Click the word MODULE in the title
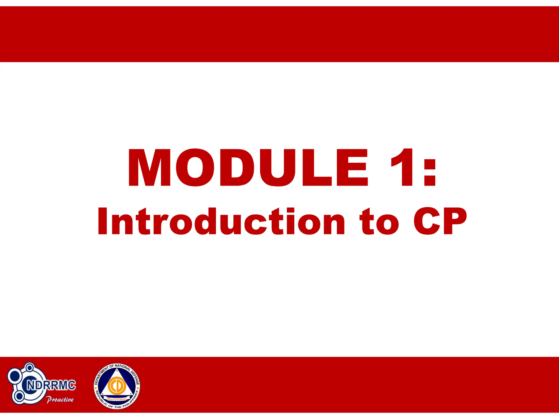248,168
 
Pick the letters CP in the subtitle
439,222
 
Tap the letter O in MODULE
195,168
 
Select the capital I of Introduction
103,222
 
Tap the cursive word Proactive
60,400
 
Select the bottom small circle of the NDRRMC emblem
19,396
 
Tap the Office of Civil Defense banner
117,399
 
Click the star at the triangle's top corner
117,370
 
